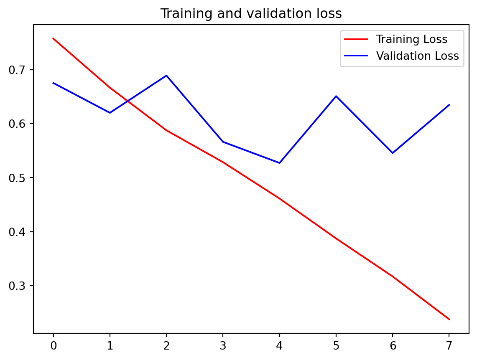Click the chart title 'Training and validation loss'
[x=251, y=14]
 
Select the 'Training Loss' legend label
[x=411, y=40]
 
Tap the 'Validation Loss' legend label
[x=417, y=56]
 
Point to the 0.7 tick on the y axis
[x=17, y=70]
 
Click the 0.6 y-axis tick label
[x=17, y=124]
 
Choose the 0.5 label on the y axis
[x=17, y=178]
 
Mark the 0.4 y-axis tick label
[x=17, y=232]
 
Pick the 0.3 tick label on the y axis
[x=17, y=286]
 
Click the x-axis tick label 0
[x=53, y=345]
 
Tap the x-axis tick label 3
[x=223, y=345]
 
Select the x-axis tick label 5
[x=336, y=345]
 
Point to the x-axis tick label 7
[x=449, y=345]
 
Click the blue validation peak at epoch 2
[x=166, y=76]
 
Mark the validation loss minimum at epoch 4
[x=279, y=163]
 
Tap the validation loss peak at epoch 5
[x=336, y=96]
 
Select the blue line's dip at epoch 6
[x=393, y=153]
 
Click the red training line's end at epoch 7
[x=449, y=319]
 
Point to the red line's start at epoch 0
[x=53, y=38]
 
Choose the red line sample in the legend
[x=356, y=40]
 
